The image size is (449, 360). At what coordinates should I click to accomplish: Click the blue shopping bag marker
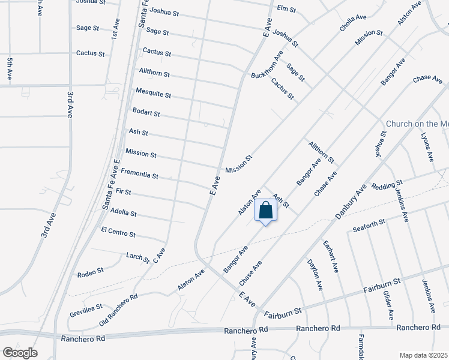coord(265,212)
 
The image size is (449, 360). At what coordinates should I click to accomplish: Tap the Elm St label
coord(287,8)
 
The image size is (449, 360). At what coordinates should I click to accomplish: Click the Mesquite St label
coord(154,95)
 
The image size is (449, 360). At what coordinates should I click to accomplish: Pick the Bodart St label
coord(146,113)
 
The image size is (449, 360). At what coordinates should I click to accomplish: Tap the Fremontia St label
coord(139,174)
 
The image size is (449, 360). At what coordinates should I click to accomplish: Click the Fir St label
coord(123,192)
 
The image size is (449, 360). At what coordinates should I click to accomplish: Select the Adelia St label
coord(124,213)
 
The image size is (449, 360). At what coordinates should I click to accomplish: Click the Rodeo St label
coord(91,274)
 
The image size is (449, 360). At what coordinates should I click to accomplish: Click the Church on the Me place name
coord(417,124)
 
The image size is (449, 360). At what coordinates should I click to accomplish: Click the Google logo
coord(19,352)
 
